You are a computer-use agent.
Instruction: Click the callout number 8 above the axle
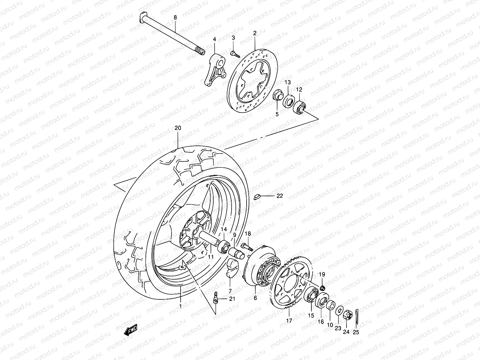[x=175, y=18]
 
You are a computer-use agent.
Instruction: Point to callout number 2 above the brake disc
[x=255, y=33]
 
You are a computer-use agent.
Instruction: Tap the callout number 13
[x=288, y=82]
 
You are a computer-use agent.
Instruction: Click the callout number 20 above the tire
[x=178, y=128]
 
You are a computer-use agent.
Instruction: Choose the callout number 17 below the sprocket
[x=289, y=321]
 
